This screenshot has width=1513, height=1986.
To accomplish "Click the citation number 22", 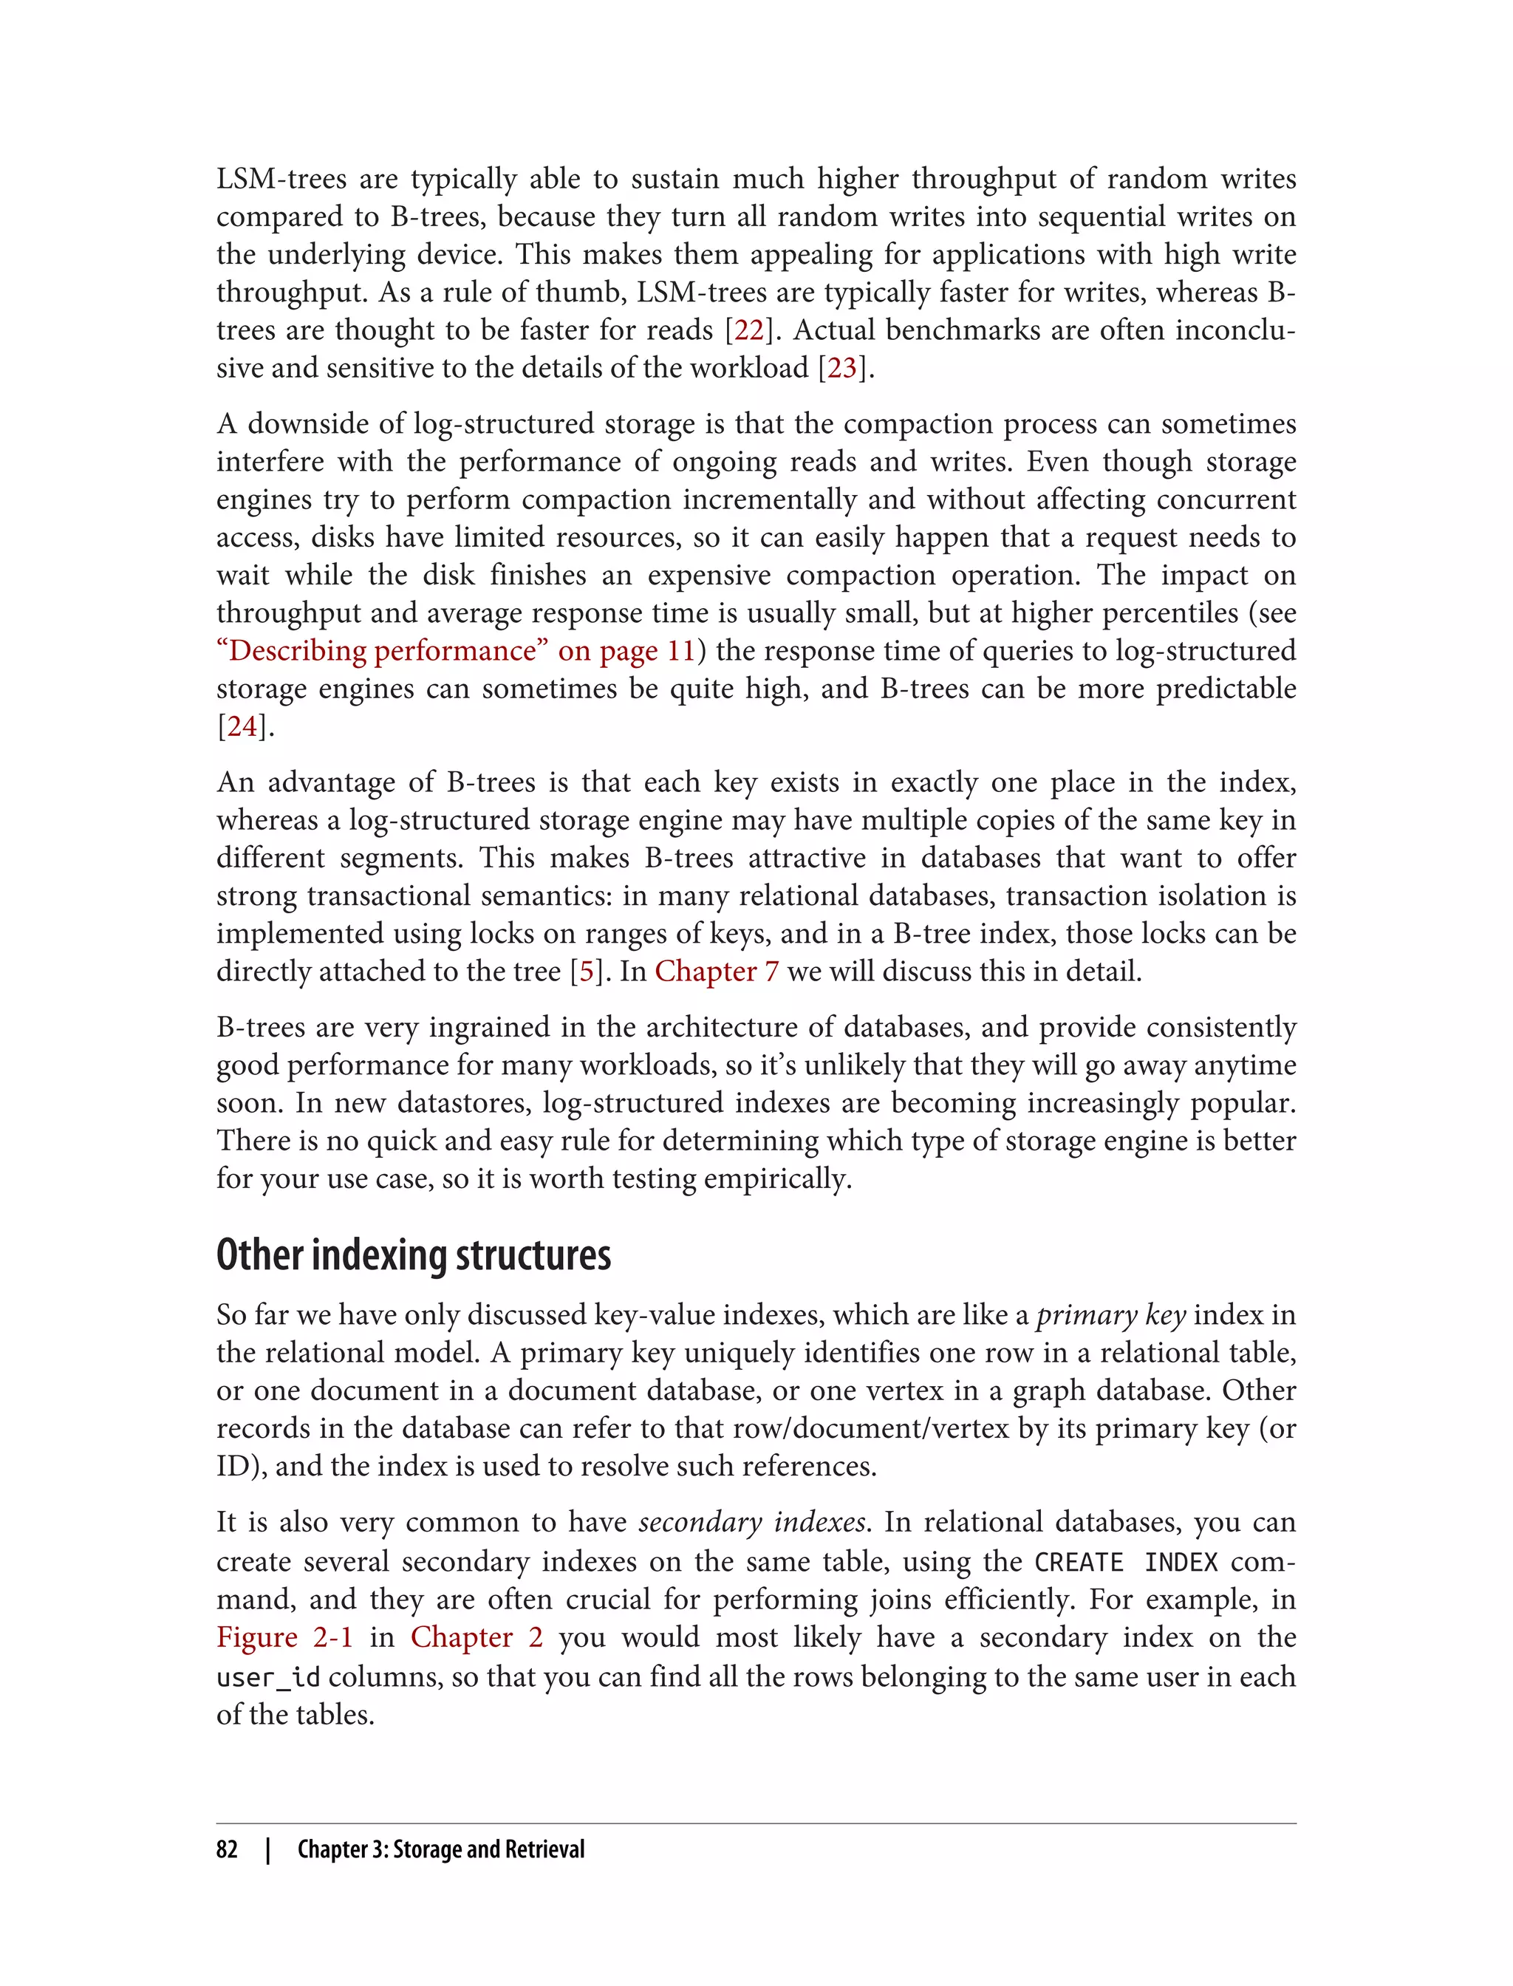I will point(749,330).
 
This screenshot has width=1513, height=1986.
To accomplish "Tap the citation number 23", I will point(842,369).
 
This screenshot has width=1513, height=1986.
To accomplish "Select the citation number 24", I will point(242,727).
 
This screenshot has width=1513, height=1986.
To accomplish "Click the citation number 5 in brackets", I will point(587,972).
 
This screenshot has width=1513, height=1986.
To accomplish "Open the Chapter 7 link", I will point(716,972).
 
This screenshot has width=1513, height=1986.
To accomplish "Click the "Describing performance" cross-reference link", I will point(456,651).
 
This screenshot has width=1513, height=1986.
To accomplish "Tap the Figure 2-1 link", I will point(284,1637).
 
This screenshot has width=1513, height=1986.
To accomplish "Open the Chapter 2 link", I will point(477,1637).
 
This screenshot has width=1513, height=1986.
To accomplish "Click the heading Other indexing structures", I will point(414,1255).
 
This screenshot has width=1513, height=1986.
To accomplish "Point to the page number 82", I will point(227,1849).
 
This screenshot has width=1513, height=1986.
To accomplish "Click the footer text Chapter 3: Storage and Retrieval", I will point(440,1849).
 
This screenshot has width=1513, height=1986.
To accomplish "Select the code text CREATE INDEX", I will point(1126,1563).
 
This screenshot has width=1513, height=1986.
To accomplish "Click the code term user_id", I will point(267,1678).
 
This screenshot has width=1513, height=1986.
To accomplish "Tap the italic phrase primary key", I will point(1110,1316).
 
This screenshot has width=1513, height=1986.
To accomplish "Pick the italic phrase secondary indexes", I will point(752,1522).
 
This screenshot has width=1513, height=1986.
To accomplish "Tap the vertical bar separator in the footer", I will point(268,1849).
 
